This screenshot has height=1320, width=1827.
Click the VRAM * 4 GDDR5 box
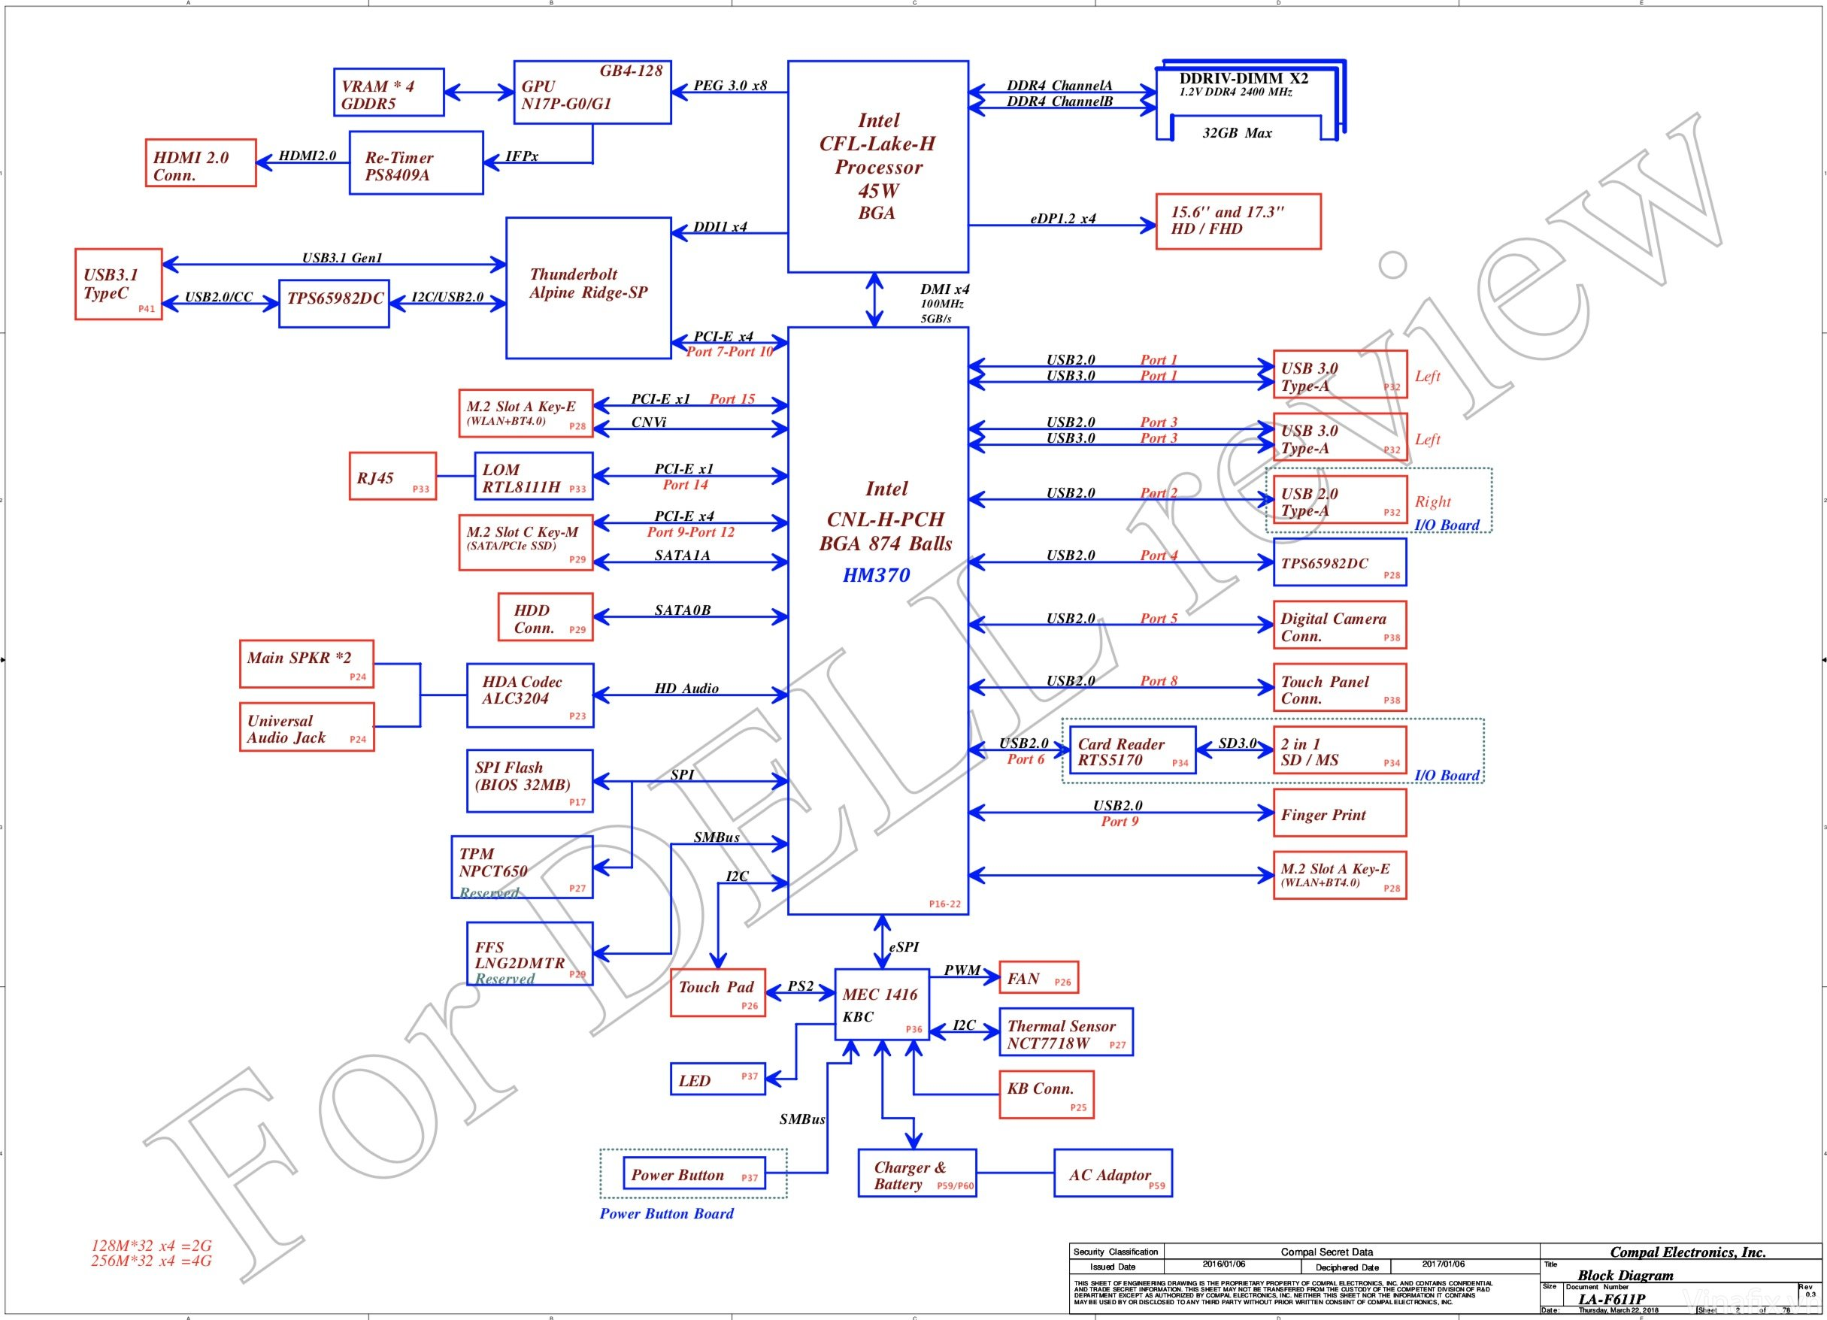click(388, 92)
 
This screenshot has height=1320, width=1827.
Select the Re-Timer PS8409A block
click(416, 163)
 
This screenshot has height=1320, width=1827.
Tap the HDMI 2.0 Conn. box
click(200, 163)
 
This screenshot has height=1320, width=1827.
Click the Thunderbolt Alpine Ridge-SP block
click(588, 287)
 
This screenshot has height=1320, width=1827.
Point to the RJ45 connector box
click(392, 477)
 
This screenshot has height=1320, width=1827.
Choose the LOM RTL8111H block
click(533, 476)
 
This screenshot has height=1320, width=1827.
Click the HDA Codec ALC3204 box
click(530, 696)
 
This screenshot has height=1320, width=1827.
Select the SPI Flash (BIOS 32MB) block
click(530, 781)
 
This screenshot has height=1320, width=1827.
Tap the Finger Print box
click(1339, 813)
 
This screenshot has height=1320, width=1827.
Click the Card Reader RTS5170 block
click(1132, 751)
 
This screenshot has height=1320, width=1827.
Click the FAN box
click(1038, 978)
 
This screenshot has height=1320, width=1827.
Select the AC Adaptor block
click(1113, 1173)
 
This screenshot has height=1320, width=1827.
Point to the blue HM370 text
click(877, 575)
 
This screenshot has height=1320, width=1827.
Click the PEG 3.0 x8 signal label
click(730, 86)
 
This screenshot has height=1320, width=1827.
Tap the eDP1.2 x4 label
click(1062, 218)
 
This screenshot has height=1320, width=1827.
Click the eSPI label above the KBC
click(903, 947)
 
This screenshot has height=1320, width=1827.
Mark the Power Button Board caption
click(666, 1214)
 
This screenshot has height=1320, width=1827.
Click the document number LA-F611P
click(1611, 1299)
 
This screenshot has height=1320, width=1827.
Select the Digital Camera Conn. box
click(1339, 625)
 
